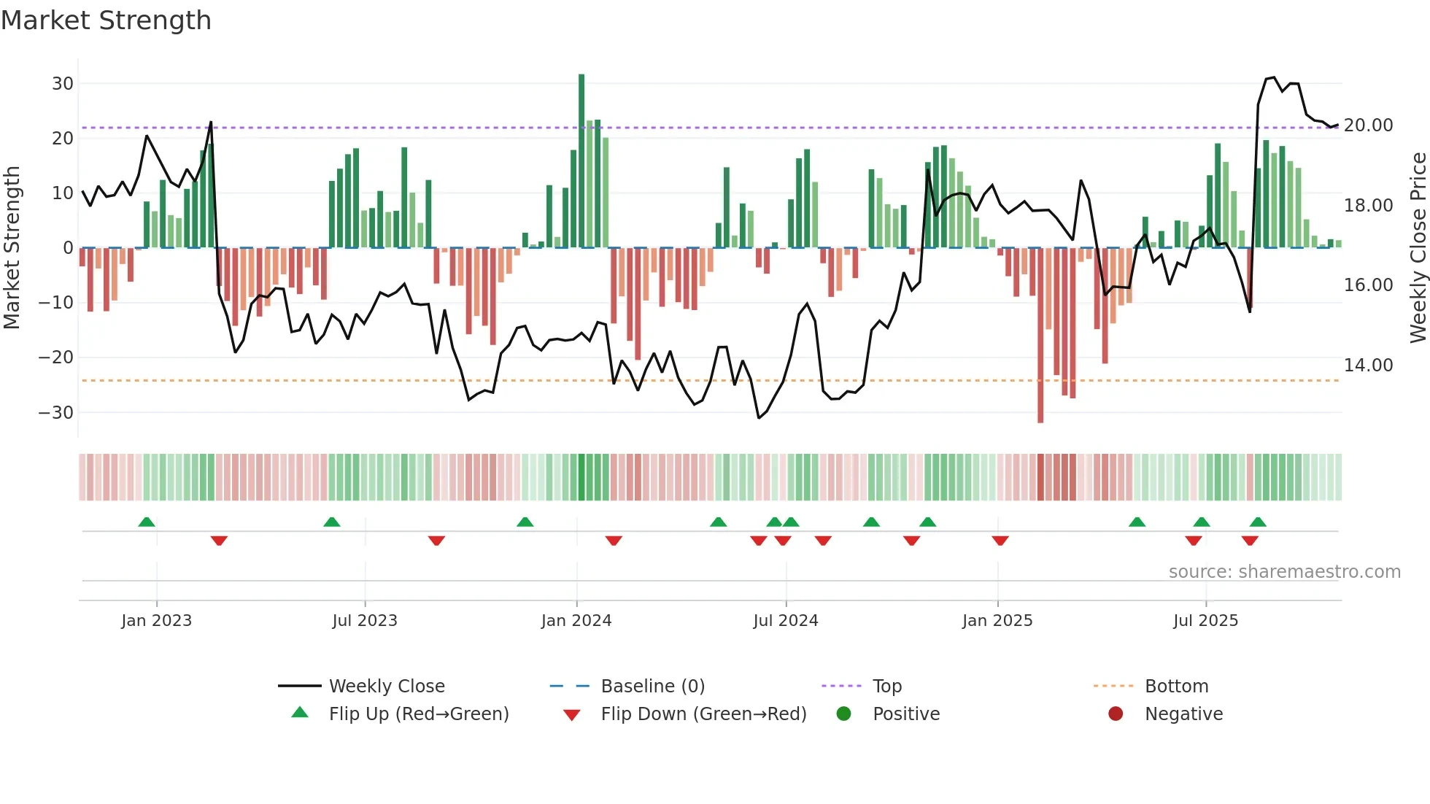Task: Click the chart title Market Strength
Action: [x=106, y=20]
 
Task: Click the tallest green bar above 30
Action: [x=581, y=161]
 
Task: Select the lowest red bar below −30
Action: [x=1040, y=336]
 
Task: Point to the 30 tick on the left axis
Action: [x=63, y=83]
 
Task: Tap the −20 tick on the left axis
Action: [x=56, y=357]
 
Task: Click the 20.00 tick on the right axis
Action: [x=1368, y=125]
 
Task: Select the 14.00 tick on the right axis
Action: [x=1368, y=365]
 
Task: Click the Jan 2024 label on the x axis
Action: [x=576, y=621]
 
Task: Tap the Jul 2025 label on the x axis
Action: [x=1205, y=621]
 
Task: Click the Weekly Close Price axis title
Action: [x=1418, y=248]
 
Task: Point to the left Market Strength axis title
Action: [x=12, y=248]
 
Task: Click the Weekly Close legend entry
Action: [x=386, y=687]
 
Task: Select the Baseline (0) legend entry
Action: [x=652, y=687]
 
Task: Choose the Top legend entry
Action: [x=886, y=687]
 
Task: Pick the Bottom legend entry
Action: [x=1176, y=687]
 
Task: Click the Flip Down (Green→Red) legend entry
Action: [x=703, y=714]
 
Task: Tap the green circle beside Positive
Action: [x=844, y=714]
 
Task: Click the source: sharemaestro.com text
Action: [x=1284, y=572]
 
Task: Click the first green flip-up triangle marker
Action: [x=147, y=522]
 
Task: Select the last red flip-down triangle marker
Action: [x=1250, y=541]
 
